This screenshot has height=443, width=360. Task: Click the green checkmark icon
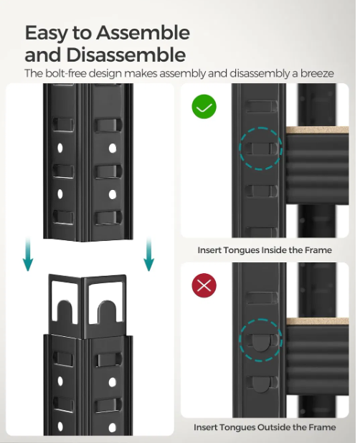(x=204, y=107)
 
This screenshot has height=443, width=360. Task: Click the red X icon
(x=204, y=285)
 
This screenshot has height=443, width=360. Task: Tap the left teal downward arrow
(x=28, y=254)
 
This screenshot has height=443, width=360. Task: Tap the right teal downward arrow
(x=149, y=254)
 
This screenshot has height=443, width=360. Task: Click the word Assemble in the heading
(x=143, y=33)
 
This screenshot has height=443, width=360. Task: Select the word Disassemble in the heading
(x=126, y=54)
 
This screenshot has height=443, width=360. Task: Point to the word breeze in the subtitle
(x=317, y=73)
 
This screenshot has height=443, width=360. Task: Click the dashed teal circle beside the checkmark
(x=261, y=128)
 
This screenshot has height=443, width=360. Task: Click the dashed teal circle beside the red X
(x=261, y=320)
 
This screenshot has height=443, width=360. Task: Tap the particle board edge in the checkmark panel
(x=318, y=130)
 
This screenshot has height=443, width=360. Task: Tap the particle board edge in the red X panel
(x=318, y=321)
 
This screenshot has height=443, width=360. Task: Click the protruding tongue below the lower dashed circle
(x=260, y=384)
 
